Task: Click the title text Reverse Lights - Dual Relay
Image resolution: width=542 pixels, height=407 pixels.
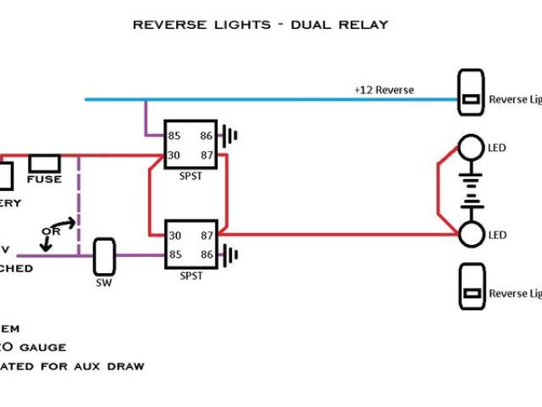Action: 260,25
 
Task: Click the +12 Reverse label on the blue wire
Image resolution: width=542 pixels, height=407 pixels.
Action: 384,90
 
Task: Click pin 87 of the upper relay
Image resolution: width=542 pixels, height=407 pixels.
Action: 205,155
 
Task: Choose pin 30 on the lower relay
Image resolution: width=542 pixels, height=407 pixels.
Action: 175,235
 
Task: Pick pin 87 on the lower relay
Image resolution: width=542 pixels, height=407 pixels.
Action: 205,235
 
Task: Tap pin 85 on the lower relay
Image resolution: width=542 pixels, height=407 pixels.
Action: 175,254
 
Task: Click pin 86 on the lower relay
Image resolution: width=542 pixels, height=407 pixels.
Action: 205,254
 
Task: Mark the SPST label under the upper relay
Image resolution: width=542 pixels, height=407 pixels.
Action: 191,176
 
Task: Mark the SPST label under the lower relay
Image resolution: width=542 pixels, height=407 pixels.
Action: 191,276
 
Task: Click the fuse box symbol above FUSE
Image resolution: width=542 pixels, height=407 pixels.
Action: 43,162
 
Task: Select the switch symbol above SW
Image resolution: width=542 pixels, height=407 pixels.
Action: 104,254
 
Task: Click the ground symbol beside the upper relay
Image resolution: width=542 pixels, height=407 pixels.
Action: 229,134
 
